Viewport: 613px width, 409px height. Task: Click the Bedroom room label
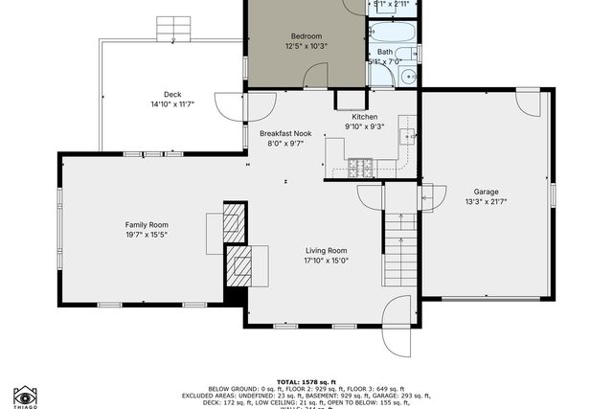[306, 35]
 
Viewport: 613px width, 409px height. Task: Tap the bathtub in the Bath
[396, 32]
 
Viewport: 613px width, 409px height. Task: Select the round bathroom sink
[407, 77]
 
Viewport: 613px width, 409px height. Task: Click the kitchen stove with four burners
[361, 169]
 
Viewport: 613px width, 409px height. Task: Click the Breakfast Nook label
[285, 133]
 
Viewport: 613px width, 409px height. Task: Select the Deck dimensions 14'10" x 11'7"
[172, 104]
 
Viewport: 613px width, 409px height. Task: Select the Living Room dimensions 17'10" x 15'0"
[326, 261]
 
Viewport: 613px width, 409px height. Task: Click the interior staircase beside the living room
[399, 248]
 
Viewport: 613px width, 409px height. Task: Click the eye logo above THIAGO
[25, 395]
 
